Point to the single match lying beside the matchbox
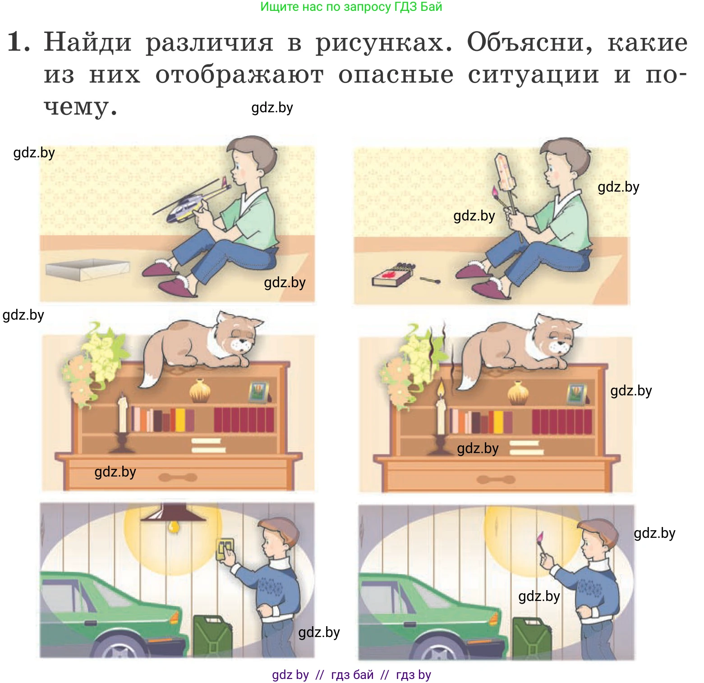click(430, 280)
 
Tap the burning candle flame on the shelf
click(440, 389)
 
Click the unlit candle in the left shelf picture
click(122, 415)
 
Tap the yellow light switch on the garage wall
click(224, 549)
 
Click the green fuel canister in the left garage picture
click(212, 636)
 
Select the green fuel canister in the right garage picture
click(531, 637)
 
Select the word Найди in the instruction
click(87, 43)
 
